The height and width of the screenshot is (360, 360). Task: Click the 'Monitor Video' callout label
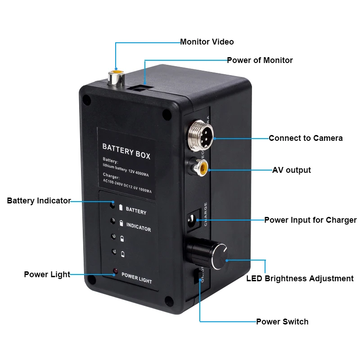(207, 42)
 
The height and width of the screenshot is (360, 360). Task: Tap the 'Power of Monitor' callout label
(260, 60)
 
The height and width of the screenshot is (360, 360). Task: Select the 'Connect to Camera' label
(306, 138)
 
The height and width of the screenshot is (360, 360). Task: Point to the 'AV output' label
(292, 170)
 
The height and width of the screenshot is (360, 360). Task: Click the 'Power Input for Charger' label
(310, 220)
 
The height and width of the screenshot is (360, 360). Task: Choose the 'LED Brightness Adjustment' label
(300, 279)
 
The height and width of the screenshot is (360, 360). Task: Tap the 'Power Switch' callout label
(282, 322)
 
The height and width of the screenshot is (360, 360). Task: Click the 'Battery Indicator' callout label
(39, 201)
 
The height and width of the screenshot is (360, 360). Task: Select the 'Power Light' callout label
(47, 274)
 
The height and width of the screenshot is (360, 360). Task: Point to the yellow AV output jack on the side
(203, 169)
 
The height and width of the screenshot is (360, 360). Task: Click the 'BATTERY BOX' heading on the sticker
(126, 151)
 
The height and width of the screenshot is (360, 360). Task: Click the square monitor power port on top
(140, 88)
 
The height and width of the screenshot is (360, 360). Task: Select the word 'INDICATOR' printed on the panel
(138, 227)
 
